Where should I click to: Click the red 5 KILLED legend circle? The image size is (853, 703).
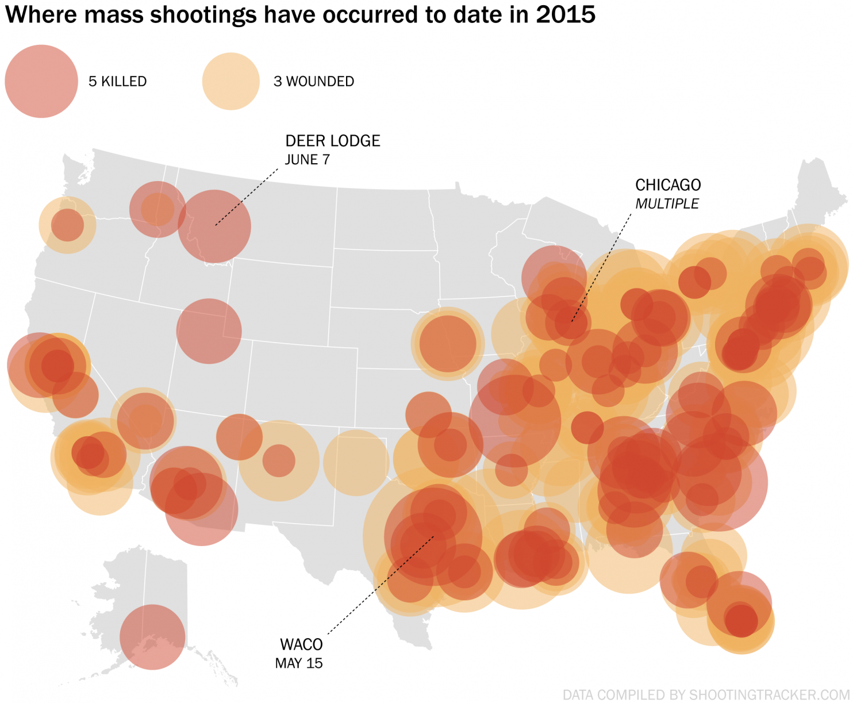[41, 82]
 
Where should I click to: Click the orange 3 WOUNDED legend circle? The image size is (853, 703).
[231, 82]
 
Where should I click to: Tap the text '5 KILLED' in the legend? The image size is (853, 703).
[117, 82]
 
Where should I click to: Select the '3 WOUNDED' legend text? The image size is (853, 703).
[314, 82]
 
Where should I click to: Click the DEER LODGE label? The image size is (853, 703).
[333, 141]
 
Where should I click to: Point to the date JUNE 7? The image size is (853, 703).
[308, 160]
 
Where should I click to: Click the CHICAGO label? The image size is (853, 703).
[668, 185]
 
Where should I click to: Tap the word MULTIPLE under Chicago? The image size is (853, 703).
[667, 204]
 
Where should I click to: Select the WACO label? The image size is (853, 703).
[301, 644]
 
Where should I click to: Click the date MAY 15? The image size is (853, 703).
[299, 663]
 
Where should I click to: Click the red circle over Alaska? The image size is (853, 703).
[152, 637]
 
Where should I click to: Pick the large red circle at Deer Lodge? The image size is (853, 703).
[214, 226]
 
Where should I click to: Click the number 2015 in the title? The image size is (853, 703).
[566, 15]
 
